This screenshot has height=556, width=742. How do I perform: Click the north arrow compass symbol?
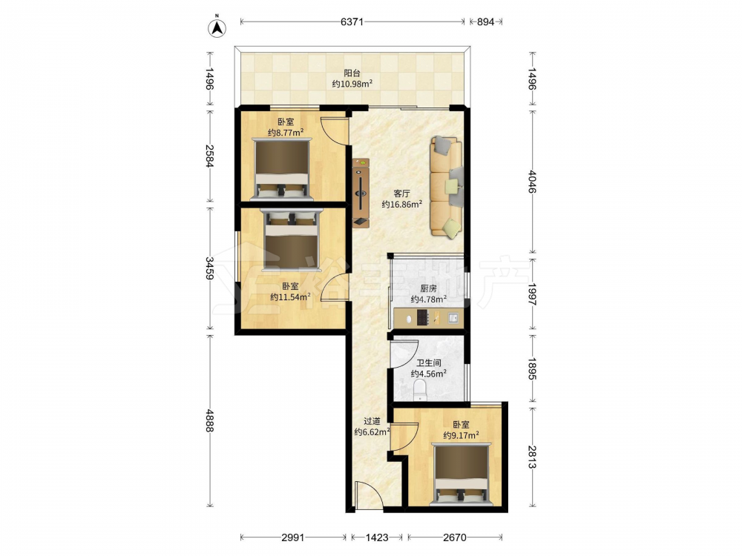tap(217, 28)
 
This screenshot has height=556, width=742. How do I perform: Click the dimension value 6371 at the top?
tap(352, 21)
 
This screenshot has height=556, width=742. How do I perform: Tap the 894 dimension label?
tap(485, 21)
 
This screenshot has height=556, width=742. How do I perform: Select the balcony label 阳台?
tap(352, 73)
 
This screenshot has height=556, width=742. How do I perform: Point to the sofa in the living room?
tap(446, 188)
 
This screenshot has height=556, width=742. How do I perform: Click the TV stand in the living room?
tap(361, 193)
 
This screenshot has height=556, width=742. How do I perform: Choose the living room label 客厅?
tap(401, 193)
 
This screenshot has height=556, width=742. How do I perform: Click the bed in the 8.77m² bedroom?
tap(282, 168)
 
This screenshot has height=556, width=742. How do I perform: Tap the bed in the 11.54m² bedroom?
tap(292, 239)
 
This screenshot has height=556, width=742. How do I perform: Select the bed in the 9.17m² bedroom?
tap(462, 474)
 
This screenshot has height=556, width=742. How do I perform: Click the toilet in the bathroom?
tap(420, 391)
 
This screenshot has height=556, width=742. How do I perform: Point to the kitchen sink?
tap(453, 318)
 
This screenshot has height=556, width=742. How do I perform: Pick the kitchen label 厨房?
tap(428, 288)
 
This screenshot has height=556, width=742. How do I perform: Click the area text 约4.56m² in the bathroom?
tap(429, 374)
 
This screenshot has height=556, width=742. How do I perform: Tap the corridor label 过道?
tap(372, 421)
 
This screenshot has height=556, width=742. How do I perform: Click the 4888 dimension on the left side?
tap(210, 420)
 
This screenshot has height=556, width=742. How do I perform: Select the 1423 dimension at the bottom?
tap(377, 537)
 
